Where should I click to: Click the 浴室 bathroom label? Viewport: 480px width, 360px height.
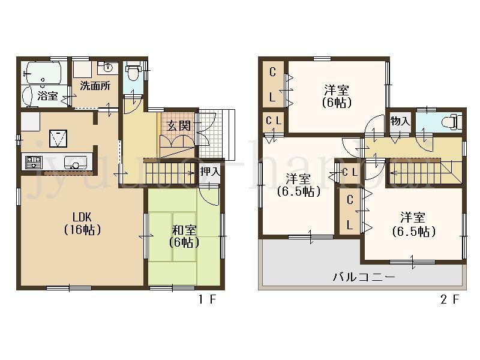47,95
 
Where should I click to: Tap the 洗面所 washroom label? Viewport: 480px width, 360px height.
95,85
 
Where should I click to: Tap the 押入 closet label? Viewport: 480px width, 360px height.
209,172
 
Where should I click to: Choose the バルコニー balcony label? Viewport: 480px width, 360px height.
364,277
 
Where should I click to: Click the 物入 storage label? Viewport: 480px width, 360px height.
400,121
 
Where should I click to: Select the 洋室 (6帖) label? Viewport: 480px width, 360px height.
337,96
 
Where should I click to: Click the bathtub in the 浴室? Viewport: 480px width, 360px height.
41,74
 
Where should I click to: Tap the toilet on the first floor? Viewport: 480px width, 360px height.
133,76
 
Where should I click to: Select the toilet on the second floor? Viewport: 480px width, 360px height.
448,122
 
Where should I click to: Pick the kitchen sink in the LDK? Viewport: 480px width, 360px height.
74,162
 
